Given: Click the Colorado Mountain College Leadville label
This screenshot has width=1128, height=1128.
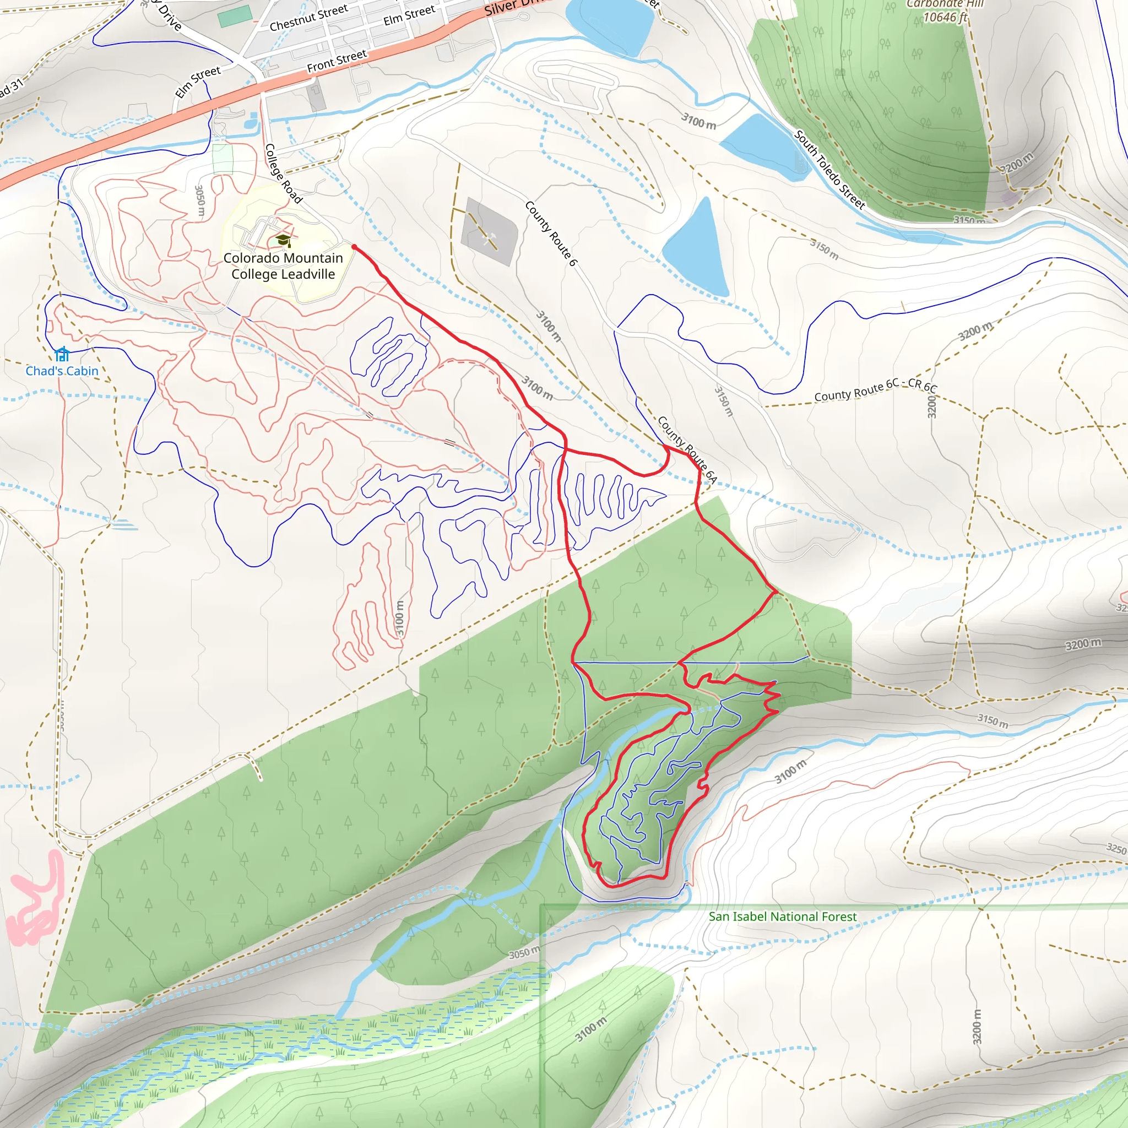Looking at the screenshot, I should coord(283,266).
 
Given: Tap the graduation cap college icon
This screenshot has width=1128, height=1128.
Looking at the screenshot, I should coord(283,240).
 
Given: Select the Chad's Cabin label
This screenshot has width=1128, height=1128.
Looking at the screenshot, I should coord(62,371).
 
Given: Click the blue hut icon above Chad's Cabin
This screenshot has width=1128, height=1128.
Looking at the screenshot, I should coord(62,354).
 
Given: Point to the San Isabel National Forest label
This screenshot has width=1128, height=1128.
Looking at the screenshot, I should coord(782,916).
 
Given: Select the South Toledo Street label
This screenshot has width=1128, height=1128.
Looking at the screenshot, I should coord(829,170).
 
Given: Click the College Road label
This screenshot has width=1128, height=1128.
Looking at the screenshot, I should coord(284,174).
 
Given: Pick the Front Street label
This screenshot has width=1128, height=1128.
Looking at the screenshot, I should coord(337,61).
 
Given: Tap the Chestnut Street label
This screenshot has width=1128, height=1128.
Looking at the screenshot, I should coord(308,18).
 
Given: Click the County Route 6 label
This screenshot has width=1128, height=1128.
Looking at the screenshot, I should coord(551,234).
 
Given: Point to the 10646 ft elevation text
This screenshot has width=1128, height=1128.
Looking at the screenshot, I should coord(945,18).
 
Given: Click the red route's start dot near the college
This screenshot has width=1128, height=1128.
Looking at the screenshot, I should coord(354,247).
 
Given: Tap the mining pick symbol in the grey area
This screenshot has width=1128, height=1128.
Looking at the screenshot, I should coord(490,237).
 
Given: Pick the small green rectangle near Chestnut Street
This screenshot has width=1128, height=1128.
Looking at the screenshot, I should coord(235,16).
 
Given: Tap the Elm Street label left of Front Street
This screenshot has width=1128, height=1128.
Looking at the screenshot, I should coord(198,82).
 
